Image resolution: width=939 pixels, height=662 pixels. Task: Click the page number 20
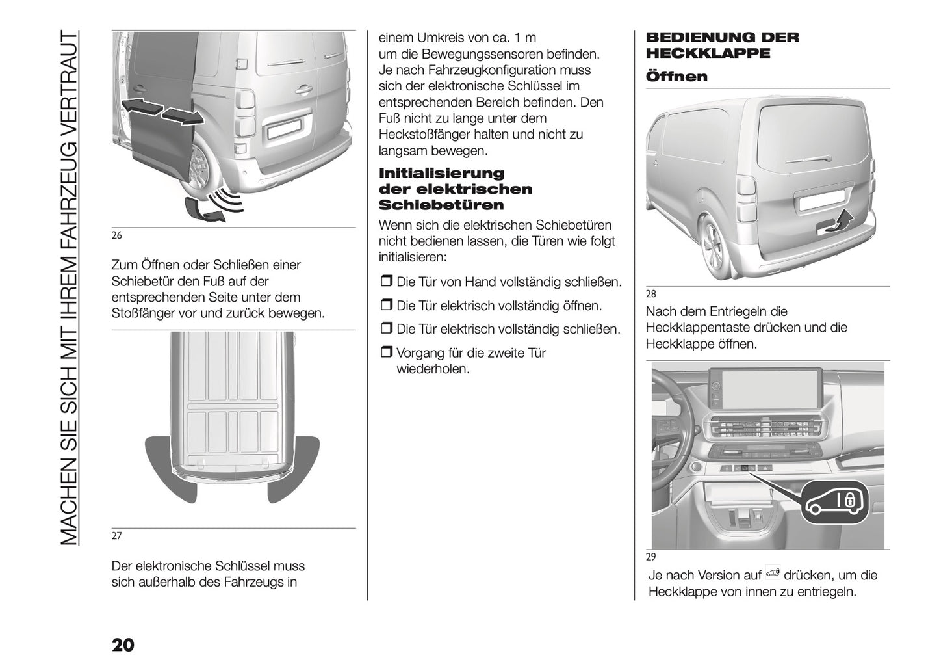pyautogui.click(x=123, y=644)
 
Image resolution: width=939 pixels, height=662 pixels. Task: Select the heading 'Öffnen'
pyautogui.click(x=676, y=77)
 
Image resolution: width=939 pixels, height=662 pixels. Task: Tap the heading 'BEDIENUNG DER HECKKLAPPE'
pyautogui.click(x=721, y=45)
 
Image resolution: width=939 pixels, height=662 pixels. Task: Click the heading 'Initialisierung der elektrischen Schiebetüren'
pyautogui.click(x=455, y=189)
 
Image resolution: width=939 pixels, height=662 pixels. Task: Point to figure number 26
pyautogui.click(x=117, y=235)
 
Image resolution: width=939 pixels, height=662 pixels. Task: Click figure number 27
pyautogui.click(x=117, y=536)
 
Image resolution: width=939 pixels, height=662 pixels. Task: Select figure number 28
pyautogui.click(x=651, y=295)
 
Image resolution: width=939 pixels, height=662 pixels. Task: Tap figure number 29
pyautogui.click(x=651, y=557)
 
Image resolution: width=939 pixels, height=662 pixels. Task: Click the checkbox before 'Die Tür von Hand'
pyautogui.click(x=386, y=283)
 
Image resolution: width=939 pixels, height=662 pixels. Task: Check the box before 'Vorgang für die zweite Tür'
pyautogui.click(x=386, y=354)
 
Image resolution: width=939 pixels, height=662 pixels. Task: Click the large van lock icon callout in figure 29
pyautogui.click(x=836, y=503)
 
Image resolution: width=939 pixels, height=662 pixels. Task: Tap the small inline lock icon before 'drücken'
pyautogui.click(x=772, y=573)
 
